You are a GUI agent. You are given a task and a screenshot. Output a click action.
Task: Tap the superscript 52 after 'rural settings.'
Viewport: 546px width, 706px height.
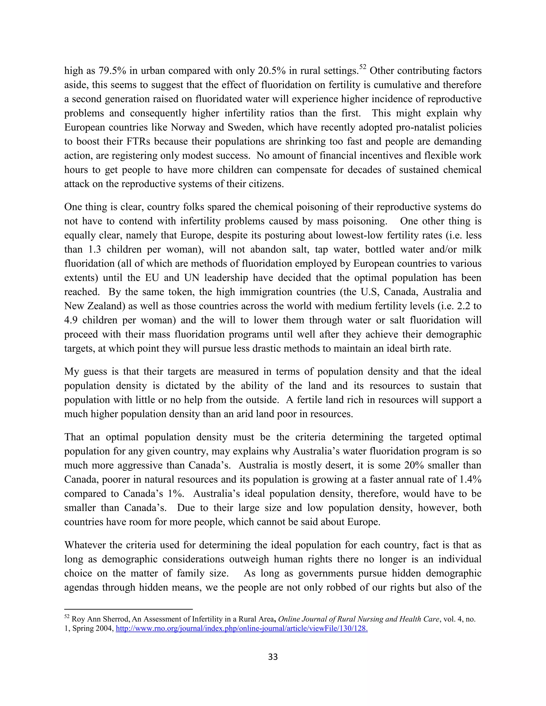(x=363, y=67)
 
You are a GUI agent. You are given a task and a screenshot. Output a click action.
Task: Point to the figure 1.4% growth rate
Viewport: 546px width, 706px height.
(x=470, y=479)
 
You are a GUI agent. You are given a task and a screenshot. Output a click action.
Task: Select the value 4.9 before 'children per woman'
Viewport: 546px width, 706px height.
(x=71, y=320)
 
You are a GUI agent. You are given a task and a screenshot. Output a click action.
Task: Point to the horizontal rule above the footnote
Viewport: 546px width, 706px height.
(x=129, y=609)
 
